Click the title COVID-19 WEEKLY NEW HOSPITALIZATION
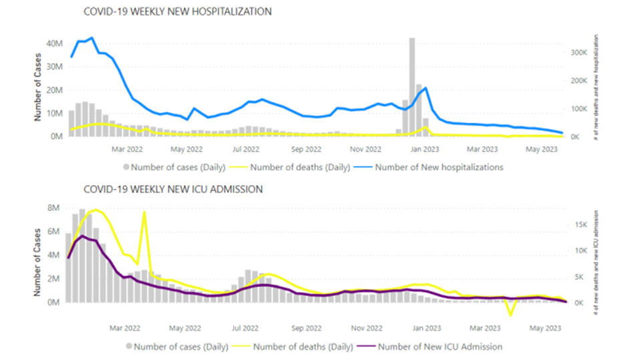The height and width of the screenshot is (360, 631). pos(177,12)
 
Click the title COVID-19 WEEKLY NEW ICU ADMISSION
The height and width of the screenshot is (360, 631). pos(172,190)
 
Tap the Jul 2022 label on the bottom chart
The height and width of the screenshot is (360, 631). pos(246,328)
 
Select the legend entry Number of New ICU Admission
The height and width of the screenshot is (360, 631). pos(440,347)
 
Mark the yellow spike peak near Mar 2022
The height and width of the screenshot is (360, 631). pos(144,213)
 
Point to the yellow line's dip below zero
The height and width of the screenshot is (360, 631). pos(511,315)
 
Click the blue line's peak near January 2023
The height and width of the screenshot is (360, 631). pos(425,88)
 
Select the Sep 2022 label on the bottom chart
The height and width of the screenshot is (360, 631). pos(307,328)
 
